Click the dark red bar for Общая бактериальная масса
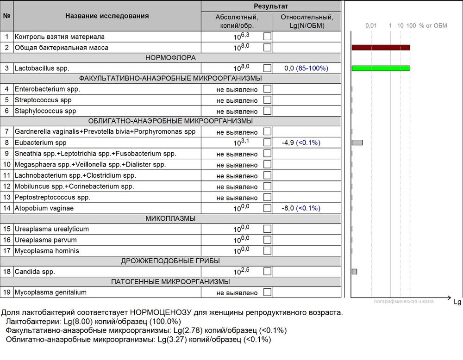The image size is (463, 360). [x=381, y=47]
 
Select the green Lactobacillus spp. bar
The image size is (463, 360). [x=381, y=68]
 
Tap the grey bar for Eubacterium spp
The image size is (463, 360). [x=357, y=143]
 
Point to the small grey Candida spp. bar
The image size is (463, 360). [x=355, y=272]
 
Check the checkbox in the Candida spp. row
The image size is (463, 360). [x=267, y=272]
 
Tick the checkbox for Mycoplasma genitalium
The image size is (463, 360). [x=267, y=292]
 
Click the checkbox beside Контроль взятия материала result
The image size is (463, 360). [x=267, y=37]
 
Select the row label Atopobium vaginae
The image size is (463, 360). [x=44, y=208]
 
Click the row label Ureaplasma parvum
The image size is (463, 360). [x=45, y=240]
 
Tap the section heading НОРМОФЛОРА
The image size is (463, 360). [x=170, y=58]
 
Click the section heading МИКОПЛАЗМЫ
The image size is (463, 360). [x=170, y=218]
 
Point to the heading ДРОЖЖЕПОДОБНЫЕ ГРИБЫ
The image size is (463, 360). [x=170, y=261]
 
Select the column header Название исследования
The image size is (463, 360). [x=107, y=16]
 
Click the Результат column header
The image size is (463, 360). [x=271, y=6]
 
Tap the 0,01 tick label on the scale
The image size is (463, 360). [x=371, y=25]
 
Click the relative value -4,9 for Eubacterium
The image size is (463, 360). [x=288, y=143]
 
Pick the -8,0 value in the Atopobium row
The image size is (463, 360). [x=288, y=208]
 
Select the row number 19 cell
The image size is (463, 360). [x=6, y=292]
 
